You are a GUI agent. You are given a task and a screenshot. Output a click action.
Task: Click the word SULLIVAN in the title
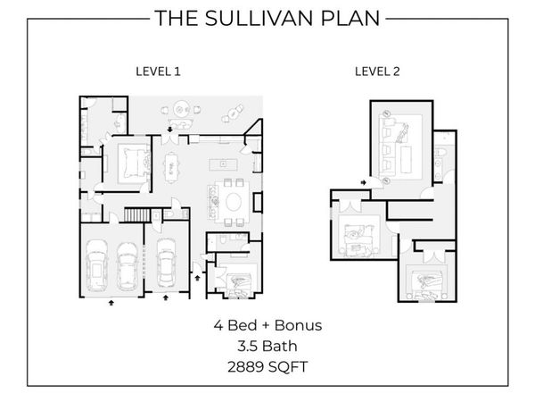point(260,18)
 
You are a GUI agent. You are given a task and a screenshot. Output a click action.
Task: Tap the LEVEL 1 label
point(158,71)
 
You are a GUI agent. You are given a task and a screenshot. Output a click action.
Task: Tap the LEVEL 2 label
point(377,71)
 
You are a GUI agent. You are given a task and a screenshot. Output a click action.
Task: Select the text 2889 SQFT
point(267,367)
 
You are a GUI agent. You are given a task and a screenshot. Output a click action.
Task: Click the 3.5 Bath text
point(267,347)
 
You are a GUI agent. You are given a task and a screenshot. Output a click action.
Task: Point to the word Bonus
point(298,325)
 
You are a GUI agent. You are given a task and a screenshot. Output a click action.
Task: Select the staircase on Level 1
point(137,215)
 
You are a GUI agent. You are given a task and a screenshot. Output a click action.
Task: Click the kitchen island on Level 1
point(223,164)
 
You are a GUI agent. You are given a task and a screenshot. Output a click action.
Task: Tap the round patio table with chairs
point(181,110)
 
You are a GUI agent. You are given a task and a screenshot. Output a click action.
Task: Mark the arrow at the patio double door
point(169,130)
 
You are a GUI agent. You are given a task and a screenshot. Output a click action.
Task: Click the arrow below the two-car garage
point(111,303)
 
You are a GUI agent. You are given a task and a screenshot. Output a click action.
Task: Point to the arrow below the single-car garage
point(166,297)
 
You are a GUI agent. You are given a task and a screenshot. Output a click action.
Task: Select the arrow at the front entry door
point(197,278)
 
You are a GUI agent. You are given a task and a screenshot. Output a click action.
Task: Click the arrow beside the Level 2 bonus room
point(364,182)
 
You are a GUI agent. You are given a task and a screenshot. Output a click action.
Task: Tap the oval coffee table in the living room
point(234,202)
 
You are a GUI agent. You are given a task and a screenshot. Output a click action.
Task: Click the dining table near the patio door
point(171,168)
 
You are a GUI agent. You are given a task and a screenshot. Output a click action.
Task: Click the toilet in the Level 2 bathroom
point(440,152)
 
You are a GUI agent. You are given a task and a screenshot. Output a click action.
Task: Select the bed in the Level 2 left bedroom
point(358,240)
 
